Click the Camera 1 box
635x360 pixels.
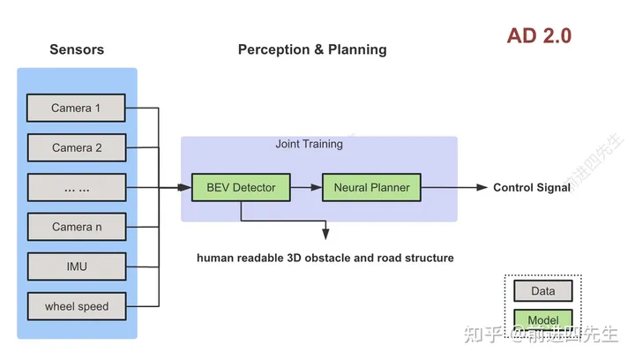pos(76,108)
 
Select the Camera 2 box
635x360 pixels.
pos(76,147)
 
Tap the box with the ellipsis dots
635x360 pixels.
pos(76,187)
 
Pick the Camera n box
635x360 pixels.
pos(76,227)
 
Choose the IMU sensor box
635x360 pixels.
pos(76,266)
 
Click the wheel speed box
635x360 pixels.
pos(76,306)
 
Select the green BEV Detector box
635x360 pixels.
pos(241,187)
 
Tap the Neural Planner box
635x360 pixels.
pos(371,187)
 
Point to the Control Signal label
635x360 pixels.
pos(532,187)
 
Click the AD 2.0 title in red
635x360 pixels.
pos(539,36)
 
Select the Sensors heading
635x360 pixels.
pos(76,49)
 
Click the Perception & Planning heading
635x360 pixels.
pos(312,49)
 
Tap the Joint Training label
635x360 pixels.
pos(309,144)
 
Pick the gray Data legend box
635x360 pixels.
pos(542,290)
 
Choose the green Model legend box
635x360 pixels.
pos(542,319)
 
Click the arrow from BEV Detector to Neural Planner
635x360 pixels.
pos(306,187)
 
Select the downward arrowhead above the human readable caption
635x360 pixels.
pos(325,234)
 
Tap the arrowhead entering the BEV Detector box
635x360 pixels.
pos(186,187)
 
